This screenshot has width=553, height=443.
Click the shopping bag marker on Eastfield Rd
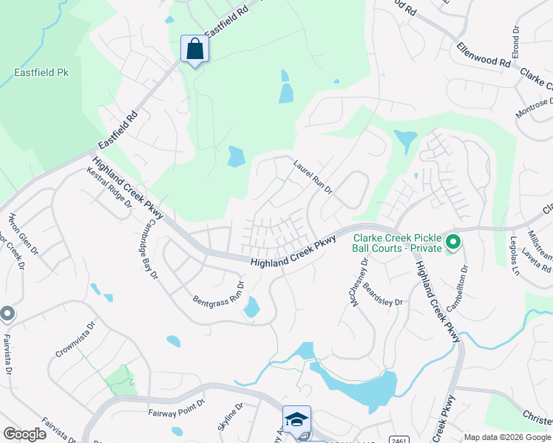(194, 49)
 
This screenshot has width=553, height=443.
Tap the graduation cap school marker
(296, 419)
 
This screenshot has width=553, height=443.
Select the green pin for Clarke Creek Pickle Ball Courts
(452, 241)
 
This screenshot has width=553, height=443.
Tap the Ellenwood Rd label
(484, 55)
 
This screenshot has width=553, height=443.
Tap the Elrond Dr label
(515, 45)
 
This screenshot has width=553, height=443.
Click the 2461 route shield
(397, 439)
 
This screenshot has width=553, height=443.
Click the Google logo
(24, 434)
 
